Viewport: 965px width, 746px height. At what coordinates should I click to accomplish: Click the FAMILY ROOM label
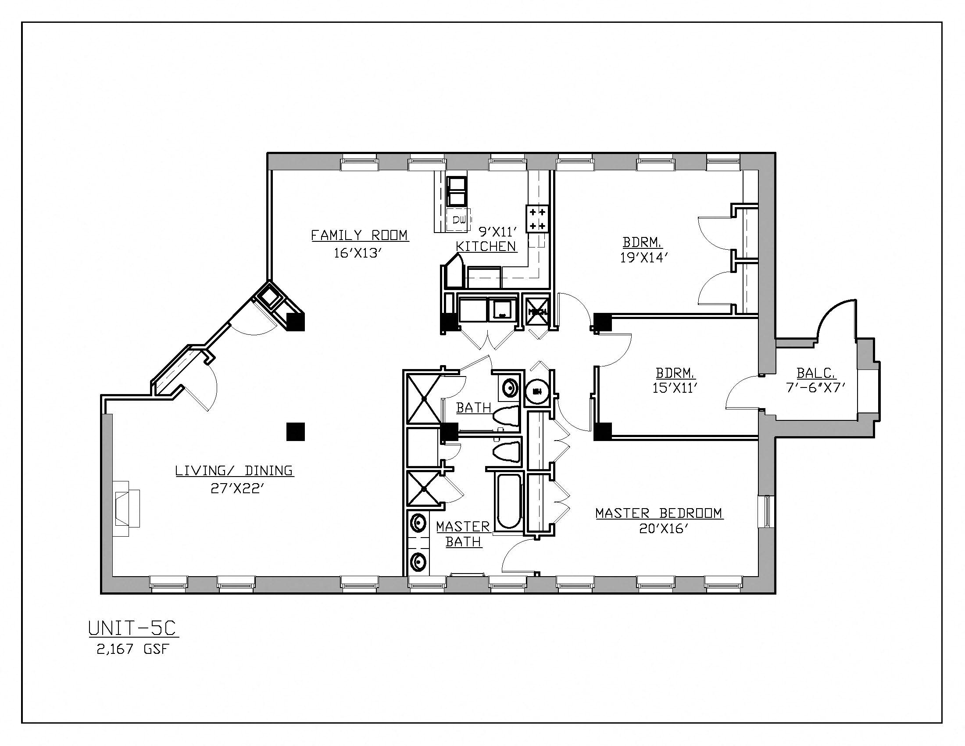360,235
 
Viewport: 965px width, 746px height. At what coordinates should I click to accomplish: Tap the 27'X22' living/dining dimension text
237,489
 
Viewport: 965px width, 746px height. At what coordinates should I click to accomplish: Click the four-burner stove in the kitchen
537,219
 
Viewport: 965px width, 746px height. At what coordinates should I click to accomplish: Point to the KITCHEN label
486,247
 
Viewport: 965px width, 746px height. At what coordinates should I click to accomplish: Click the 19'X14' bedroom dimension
643,258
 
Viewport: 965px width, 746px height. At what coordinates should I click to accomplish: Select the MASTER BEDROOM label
659,513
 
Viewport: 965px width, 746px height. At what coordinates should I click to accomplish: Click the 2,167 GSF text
133,649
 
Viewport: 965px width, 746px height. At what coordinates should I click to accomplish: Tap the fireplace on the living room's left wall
126,509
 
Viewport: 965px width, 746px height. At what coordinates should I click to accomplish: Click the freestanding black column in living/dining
296,432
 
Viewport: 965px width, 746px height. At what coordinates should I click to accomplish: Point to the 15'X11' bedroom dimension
675,388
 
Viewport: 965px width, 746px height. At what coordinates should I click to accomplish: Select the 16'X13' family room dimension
358,253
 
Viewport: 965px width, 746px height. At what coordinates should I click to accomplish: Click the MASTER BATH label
463,534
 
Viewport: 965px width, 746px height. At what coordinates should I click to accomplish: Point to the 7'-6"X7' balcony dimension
816,388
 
